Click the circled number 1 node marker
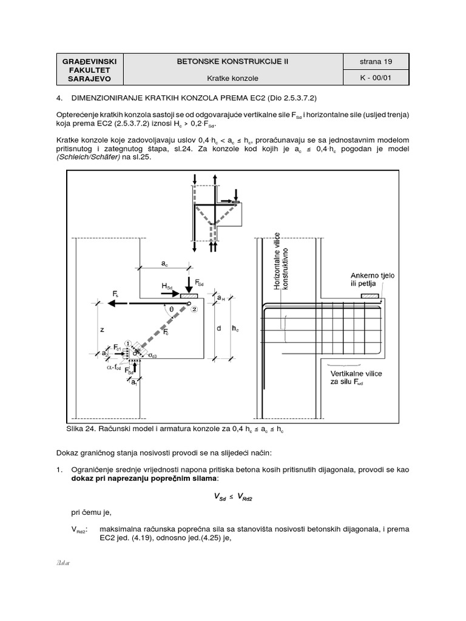point(128,343)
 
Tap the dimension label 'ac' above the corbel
point(164,264)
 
